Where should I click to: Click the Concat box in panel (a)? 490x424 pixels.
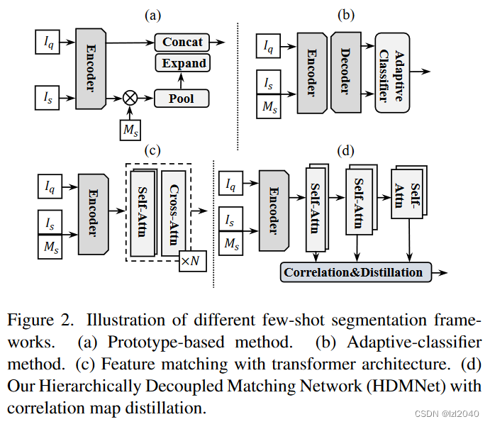pyautogui.click(x=182, y=42)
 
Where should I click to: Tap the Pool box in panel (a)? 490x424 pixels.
pyautogui.click(x=182, y=99)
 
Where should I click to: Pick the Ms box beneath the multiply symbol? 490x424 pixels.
pyautogui.click(x=130, y=130)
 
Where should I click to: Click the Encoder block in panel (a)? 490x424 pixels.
pyautogui.click(x=91, y=69)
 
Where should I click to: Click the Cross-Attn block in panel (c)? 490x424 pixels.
pyautogui.click(x=173, y=213)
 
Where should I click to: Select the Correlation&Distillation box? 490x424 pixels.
pyautogui.click(x=355, y=272)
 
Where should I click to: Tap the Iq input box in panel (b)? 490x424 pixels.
pyautogui.click(x=268, y=47)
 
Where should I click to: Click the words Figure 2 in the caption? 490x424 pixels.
pyautogui.click(x=36, y=320)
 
